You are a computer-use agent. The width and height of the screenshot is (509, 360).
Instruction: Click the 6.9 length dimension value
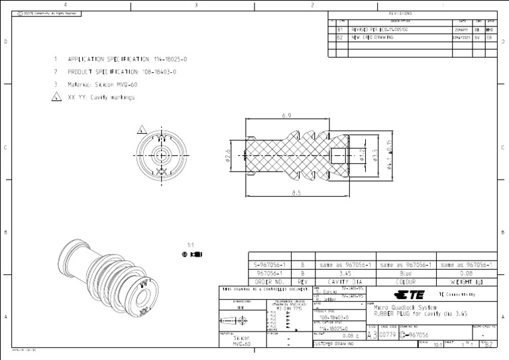(x=286, y=115)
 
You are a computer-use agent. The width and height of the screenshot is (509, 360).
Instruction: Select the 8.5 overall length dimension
(x=296, y=193)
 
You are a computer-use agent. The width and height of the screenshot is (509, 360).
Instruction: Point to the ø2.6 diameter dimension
(x=228, y=155)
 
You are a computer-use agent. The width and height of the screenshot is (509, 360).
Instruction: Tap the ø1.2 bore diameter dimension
(x=363, y=155)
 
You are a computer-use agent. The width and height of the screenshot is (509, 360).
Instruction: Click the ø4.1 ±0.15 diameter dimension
(x=389, y=155)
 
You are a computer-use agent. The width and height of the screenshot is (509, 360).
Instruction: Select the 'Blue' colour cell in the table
(x=405, y=272)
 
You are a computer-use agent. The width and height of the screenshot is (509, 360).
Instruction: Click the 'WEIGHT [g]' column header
(x=467, y=281)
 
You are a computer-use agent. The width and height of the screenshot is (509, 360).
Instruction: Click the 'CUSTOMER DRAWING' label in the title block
(x=333, y=344)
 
